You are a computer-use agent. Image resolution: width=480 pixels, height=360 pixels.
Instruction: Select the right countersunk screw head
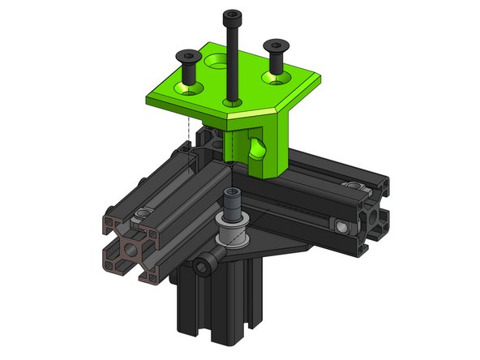pos(276,46)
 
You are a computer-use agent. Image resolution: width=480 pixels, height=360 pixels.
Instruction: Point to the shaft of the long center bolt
pos(232,65)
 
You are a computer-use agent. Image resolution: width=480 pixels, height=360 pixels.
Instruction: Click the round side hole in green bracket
pos(258,149)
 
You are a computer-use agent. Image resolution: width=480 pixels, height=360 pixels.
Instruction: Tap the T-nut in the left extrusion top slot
pos(143,212)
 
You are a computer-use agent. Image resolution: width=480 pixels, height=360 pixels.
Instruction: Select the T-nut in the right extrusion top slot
pos(351,186)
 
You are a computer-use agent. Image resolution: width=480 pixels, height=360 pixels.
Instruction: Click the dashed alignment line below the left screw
pos(188,122)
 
